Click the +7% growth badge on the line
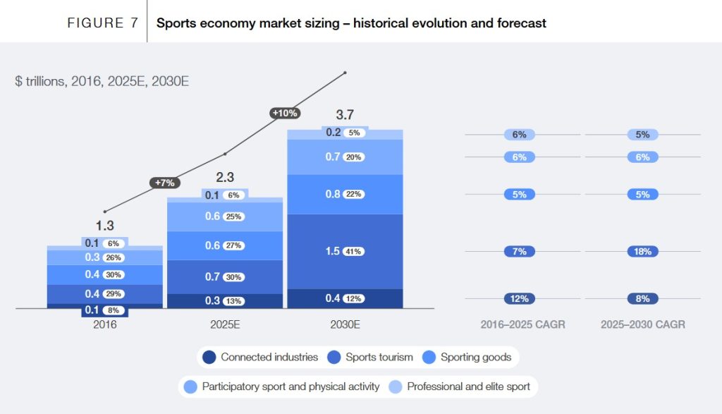point(164,183)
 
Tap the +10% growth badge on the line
point(285,112)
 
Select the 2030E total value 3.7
point(344,115)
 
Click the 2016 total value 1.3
point(104,226)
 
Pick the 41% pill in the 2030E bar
point(354,251)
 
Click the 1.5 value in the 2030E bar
point(333,251)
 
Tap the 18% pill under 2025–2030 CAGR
point(642,251)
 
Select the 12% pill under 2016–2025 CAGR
point(519,298)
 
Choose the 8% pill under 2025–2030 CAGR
point(642,298)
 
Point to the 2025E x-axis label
point(224,324)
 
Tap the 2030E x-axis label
point(344,324)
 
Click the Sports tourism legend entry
point(372,357)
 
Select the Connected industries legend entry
point(261,357)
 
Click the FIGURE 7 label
point(102,23)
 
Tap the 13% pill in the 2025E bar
point(234,301)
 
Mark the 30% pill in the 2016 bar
point(114,274)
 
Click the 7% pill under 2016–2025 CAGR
point(519,251)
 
